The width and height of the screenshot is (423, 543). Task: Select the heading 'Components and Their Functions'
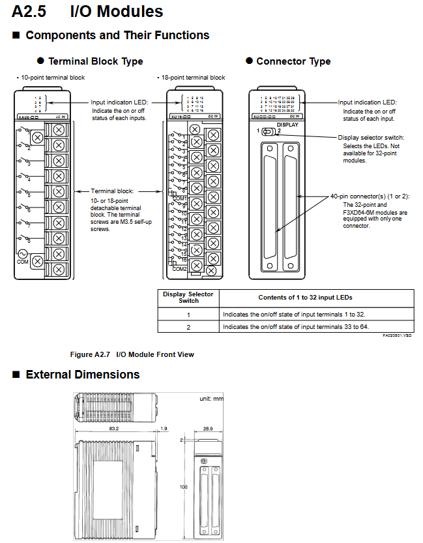tap(117, 35)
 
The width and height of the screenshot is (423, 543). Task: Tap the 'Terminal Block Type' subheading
tap(95, 61)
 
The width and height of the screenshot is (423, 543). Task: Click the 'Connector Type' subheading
tap(293, 61)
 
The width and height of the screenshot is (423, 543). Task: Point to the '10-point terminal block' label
tap(51, 78)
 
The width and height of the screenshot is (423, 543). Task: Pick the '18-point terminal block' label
tap(192, 78)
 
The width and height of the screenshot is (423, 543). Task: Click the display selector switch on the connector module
tap(268, 131)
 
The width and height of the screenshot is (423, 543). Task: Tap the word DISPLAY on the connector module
tap(287, 124)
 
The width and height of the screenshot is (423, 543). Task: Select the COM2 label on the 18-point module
tap(179, 268)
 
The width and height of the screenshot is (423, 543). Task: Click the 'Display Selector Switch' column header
tap(188, 298)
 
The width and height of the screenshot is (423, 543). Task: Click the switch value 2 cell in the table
tap(188, 326)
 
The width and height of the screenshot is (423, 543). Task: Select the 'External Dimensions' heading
tap(82, 375)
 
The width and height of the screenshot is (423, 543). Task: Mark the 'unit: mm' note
tap(211, 398)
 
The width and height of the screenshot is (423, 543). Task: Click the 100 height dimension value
tap(184, 487)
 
